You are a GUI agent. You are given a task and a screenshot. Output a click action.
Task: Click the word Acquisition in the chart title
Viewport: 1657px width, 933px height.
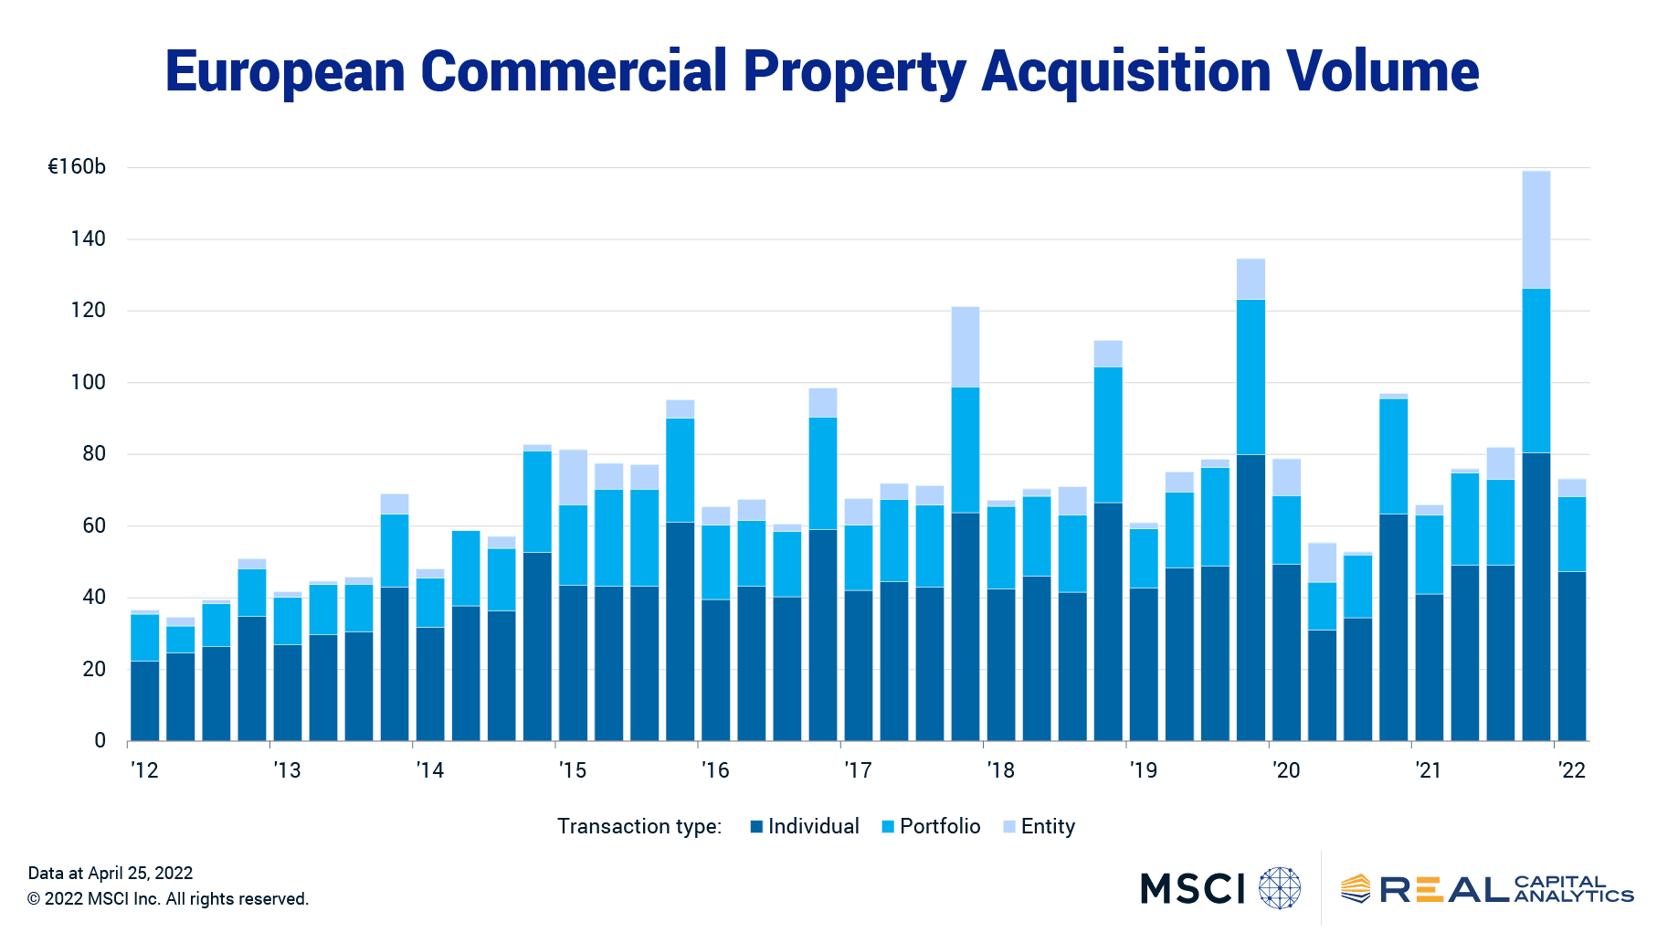pos(1125,71)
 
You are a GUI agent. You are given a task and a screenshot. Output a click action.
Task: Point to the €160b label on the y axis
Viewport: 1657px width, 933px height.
pos(77,167)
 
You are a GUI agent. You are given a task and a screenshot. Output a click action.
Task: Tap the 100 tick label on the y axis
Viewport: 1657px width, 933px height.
pos(89,382)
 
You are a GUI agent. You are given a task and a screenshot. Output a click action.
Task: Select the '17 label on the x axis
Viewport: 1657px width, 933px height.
pos(858,770)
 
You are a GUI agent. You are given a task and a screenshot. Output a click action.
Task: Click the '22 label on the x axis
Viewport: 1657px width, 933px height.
pos(1571,770)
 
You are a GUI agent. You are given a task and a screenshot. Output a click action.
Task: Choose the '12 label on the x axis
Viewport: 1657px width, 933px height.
pos(144,770)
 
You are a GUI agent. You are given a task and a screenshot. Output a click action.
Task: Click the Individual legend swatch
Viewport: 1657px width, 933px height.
pos(756,827)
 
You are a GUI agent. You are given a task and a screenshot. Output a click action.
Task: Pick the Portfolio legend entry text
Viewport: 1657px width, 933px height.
pos(940,826)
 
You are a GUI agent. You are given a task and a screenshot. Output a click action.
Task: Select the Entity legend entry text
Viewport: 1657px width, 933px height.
pos(1048,826)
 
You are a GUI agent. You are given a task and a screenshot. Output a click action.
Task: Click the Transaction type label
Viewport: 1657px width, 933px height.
pos(639,826)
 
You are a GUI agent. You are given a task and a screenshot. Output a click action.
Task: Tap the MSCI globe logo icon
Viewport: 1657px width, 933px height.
pos(1279,888)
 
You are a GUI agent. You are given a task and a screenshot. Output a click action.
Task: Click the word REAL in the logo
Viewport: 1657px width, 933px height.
pos(1443,889)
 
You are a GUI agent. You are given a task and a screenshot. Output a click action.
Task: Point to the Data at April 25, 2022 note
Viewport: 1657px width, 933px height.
pos(111,873)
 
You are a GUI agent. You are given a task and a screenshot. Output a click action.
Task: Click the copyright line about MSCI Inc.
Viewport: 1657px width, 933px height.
pos(168,899)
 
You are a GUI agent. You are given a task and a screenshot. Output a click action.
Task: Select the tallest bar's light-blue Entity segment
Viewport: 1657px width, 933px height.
pos(1536,229)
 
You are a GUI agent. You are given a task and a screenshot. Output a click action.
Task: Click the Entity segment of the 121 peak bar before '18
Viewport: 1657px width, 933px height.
pos(966,346)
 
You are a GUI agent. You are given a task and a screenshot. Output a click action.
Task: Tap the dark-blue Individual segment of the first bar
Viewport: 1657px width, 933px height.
pos(145,700)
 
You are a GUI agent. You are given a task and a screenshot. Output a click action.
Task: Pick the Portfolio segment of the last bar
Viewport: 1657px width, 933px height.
pos(1572,534)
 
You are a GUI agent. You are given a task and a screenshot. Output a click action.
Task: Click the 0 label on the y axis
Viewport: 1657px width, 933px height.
pos(100,740)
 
